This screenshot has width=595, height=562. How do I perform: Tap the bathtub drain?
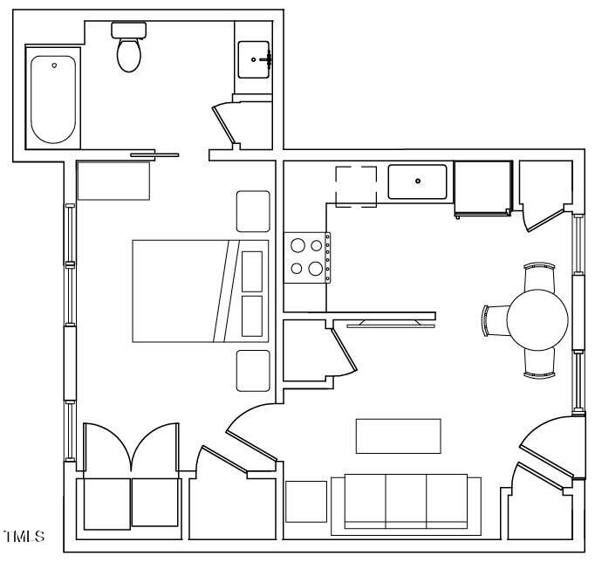pyautogui.click(x=54, y=65)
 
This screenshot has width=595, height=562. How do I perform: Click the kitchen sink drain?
pyautogui.click(x=417, y=182)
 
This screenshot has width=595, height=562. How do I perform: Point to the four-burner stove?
pyautogui.click(x=306, y=257)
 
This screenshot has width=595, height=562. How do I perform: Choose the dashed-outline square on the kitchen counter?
pyautogui.click(x=356, y=186)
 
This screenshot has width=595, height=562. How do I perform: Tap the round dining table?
pyautogui.click(x=537, y=319)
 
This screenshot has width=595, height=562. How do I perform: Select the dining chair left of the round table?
pyautogui.click(x=496, y=319)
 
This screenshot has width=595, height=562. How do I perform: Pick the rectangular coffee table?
pyautogui.click(x=398, y=436)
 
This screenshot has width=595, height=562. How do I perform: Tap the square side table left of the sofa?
pyautogui.click(x=305, y=502)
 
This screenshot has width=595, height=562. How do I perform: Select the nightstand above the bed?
pyautogui.click(x=253, y=211)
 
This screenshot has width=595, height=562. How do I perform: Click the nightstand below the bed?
pyautogui.click(x=253, y=371)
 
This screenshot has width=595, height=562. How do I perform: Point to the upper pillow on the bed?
pyautogui.click(x=252, y=271)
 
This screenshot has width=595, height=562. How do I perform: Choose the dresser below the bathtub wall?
pyautogui.click(x=113, y=181)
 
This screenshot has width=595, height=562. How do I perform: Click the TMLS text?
pyautogui.click(x=24, y=536)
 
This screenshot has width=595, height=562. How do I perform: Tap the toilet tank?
pyautogui.click(x=129, y=30)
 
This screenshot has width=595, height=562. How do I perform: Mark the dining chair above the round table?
pyautogui.click(x=538, y=278)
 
